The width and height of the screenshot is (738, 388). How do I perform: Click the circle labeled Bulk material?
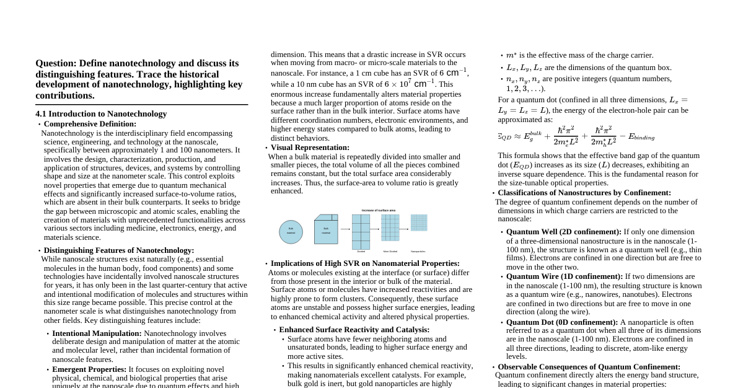coord(291,232)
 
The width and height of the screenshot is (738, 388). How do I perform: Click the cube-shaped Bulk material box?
coord(326,229)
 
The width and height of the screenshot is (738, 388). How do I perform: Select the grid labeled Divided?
coord(361,231)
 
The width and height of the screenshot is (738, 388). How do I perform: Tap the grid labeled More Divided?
coord(390,227)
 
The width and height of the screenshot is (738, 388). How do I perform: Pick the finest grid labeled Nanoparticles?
coord(419,223)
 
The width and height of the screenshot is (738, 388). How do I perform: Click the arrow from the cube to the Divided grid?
coord(345,229)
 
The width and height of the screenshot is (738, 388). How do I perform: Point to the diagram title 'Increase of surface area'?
coord(378,210)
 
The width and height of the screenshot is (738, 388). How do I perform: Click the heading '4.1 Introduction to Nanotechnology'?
coord(101,114)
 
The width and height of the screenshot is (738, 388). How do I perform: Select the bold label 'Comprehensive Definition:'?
coord(90,124)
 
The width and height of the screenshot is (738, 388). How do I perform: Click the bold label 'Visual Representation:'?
coord(310,148)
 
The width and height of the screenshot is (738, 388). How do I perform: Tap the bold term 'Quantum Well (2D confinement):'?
coord(563,232)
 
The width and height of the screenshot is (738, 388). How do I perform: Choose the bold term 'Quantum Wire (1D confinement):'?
coord(564,276)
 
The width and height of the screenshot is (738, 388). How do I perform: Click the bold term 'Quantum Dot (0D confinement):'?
coord(561,322)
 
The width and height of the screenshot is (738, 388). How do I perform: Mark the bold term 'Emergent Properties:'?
coord(89,369)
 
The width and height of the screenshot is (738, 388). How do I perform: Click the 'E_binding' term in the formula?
coord(641,137)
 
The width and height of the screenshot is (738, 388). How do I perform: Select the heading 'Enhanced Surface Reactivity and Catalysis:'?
coord(354,330)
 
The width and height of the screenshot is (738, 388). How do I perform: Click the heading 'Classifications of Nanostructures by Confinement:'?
coord(584,193)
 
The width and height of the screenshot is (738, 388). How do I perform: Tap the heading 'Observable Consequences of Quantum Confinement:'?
coord(589,367)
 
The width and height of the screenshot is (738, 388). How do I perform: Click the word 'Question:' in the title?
coord(56,63)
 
